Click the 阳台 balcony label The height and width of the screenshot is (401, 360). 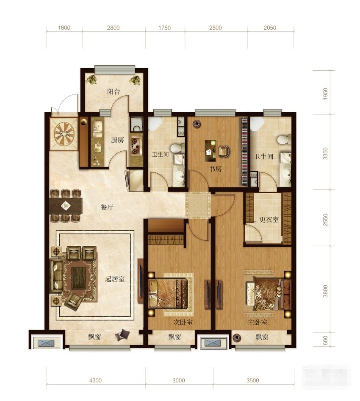[114, 91]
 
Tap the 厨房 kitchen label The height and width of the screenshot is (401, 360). [118, 140]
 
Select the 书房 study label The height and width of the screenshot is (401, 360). [216, 169]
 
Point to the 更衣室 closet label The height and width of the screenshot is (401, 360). [269, 220]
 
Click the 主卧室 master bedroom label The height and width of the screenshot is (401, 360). [258, 322]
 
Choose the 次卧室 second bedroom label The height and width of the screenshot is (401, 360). [183, 322]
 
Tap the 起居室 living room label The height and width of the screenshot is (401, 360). [115, 278]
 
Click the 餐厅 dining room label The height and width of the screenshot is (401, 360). [107, 207]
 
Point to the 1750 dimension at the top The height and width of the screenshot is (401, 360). [164, 28]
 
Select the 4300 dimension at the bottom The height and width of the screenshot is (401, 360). [95, 380]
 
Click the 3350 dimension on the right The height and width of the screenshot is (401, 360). [325, 153]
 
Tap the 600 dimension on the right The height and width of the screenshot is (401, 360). [325, 340]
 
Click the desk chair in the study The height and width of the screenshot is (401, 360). [224, 151]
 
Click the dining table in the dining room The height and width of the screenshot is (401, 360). [66, 206]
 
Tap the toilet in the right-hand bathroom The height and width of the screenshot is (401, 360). [284, 140]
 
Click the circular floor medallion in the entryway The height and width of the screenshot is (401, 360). [64, 134]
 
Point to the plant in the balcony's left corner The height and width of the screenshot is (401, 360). [91, 79]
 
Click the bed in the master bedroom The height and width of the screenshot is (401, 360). [268, 294]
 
